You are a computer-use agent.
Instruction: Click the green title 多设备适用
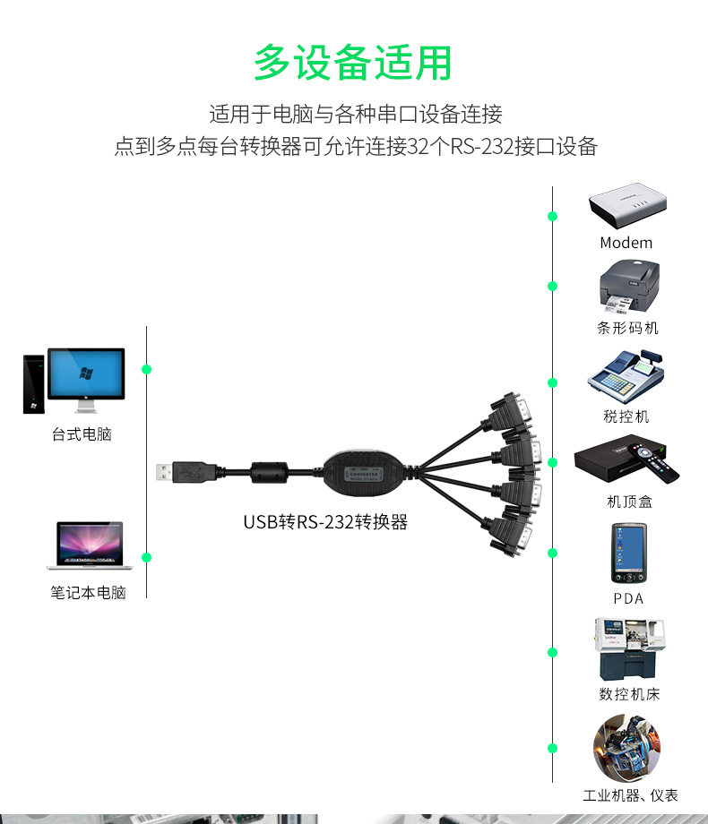(353, 63)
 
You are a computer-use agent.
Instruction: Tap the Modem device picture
(627, 205)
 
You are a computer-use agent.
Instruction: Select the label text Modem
(626, 243)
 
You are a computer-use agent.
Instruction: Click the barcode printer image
(629, 287)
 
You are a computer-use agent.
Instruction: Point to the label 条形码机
(627, 328)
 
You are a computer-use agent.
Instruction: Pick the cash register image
(626, 377)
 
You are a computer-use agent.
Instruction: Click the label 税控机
(626, 416)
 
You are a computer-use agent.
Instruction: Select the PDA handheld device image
(628, 553)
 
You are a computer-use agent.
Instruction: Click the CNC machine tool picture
(630, 649)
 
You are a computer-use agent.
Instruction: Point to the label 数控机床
(629, 694)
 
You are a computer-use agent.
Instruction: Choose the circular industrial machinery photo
(626, 747)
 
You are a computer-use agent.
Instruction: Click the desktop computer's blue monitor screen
(86, 373)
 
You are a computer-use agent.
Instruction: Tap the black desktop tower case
(34, 384)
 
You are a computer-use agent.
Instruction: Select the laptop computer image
(90, 545)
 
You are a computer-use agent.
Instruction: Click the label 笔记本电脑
(89, 593)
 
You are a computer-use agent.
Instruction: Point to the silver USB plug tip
(164, 472)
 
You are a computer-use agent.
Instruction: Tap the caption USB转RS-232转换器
(325, 522)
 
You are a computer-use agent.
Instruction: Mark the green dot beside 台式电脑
(147, 369)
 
